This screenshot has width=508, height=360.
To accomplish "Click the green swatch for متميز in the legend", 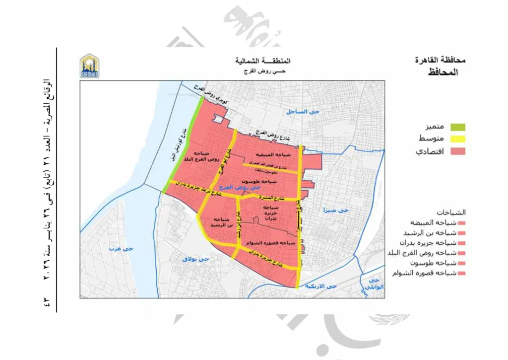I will (x=458, y=127).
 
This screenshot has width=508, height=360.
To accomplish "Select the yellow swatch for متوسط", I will (x=458, y=139).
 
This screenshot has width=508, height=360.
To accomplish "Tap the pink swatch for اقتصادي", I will (x=458, y=151).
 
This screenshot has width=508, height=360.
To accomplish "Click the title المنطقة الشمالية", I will (x=263, y=61).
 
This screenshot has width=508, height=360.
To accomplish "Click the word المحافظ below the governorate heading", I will (x=443, y=72).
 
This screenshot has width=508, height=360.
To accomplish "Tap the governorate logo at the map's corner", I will (x=90, y=66).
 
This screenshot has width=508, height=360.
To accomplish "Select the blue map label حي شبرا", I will (x=336, y=210).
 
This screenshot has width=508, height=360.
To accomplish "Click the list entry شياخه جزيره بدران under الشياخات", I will (x=433, y=243).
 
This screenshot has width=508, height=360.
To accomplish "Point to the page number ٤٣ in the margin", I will (x=49, y=301).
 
